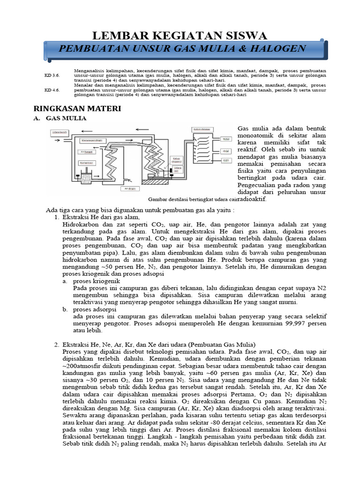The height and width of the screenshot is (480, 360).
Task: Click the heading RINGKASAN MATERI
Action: pyautogui.click(x=77, y=109)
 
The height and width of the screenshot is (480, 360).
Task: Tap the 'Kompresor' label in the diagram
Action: pyautogui.click(x=86, y=163)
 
